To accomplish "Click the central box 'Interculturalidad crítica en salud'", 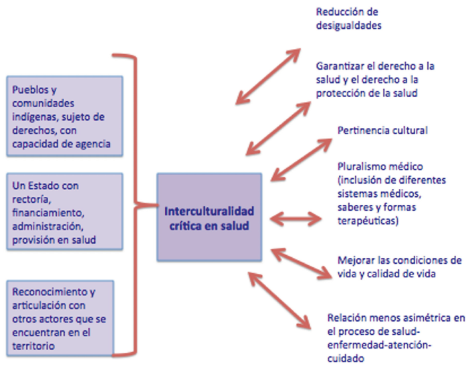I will point(209,217).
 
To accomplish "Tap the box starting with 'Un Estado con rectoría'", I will point(64,210).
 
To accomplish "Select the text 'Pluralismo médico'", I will point(372,165).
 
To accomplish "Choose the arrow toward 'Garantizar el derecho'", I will point(279,121).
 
